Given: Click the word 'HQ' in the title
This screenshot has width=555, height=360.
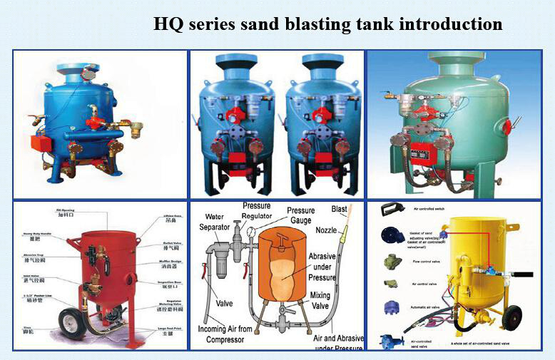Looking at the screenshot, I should pos(170,24).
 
